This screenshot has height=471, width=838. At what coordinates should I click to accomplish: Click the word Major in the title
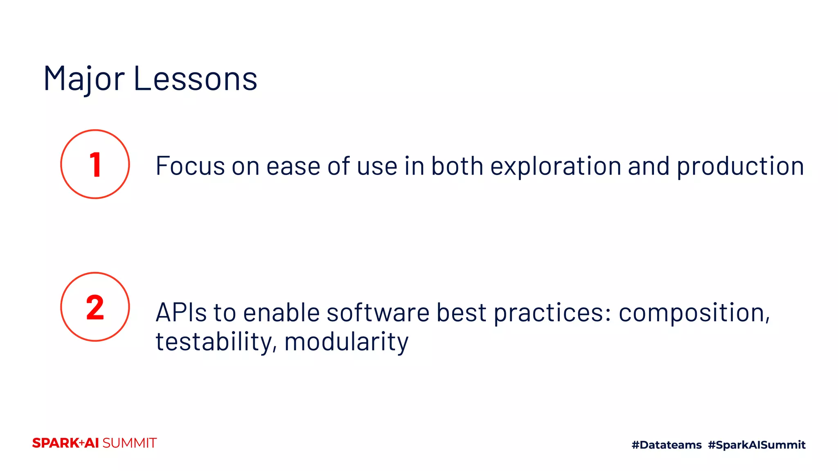tap(84, 78)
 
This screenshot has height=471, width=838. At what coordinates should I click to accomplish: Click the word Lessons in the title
tap(195, 78)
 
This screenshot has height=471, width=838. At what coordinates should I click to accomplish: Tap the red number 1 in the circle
tap(95, 165)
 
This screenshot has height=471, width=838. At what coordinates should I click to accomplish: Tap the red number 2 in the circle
tap(95, 307)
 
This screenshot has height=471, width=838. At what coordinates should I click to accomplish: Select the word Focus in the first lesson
tap(190, 166)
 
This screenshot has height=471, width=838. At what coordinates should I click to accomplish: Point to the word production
tap(740, 166)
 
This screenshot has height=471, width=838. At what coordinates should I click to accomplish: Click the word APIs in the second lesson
tap(181, 313)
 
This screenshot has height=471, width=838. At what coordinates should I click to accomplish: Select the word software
tap(378, 313)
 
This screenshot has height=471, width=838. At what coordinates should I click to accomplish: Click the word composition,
tap(694, 313)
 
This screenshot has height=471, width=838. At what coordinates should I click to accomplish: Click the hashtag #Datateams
tap(667, 445)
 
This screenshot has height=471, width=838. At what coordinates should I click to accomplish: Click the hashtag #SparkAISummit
tap(757, 445)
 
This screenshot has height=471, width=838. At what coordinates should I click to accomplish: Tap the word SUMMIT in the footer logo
tap(129, 443)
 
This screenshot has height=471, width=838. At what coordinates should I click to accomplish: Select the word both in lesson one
tap(457, 166)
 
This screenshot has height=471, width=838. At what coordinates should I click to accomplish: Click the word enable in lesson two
tap(281, 313)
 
